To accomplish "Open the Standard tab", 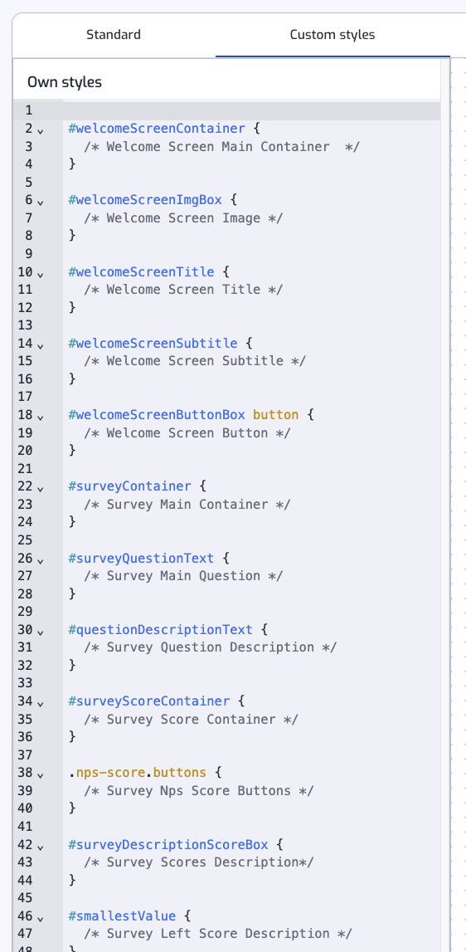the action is [x=114, y=35].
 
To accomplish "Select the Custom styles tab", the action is [x=333, y=35].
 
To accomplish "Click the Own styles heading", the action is [x=65, y=82].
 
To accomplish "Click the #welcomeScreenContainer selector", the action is [x=157, y=129].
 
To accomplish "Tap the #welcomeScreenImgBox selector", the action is [x=145, y=200].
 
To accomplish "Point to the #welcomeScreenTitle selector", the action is [x=142, y=271].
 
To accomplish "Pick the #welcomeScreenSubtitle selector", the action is [x=153, y=343].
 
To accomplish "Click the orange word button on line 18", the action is [x=275, y=415].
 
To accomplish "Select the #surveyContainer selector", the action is [x=130, y=486].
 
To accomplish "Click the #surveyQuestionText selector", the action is [x=142, y=558].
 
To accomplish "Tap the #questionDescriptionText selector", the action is [x=160, y=630].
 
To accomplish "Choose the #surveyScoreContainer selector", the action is [x=149, y=701].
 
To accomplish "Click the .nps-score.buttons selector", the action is [x=137, y=773].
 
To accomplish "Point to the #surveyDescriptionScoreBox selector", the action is [x=168, y=845].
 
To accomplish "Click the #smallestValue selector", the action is [x=122, y=916].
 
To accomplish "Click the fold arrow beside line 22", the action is [x=41, y=488].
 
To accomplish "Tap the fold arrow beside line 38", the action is [x=41, y=774].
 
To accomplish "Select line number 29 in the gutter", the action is [x=26, y=612].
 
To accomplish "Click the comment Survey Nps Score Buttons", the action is [x=199, y=790].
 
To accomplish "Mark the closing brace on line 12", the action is [x=72, y=307].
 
